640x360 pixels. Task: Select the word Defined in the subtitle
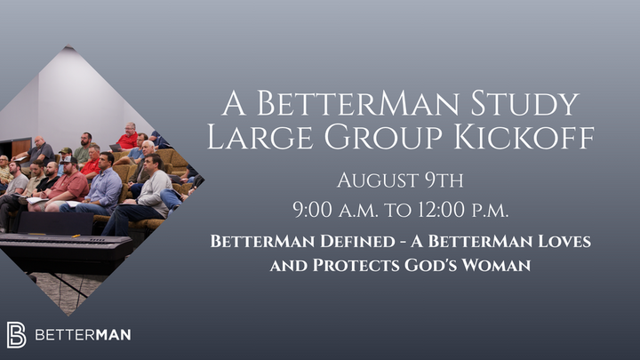[x=342, y=242]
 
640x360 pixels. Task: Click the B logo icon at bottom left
[x=16, y=334]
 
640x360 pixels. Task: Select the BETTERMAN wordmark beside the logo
[x=83, y=335]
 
